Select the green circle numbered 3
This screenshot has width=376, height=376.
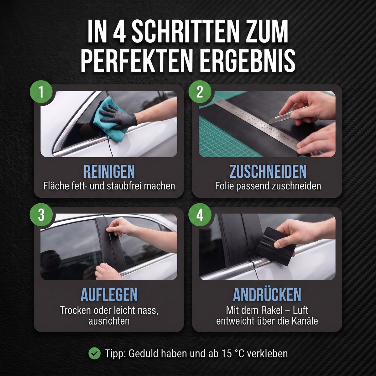point(41,215)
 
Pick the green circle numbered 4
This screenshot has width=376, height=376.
point(200,215)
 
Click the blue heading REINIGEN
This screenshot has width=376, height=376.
point(109,171)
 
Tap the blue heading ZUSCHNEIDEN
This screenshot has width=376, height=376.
point(268,171)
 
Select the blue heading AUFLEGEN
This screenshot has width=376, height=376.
point(109,295)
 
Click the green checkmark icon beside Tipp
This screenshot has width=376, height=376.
point(95,353)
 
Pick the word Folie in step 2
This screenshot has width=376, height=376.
point(224,186)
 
